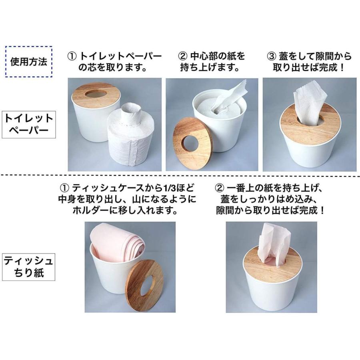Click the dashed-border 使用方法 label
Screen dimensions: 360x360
(x=28, y=62)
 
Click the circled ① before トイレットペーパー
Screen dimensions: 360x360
(x=72, y=56)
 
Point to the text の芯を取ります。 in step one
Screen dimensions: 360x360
(x=112, y=67)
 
